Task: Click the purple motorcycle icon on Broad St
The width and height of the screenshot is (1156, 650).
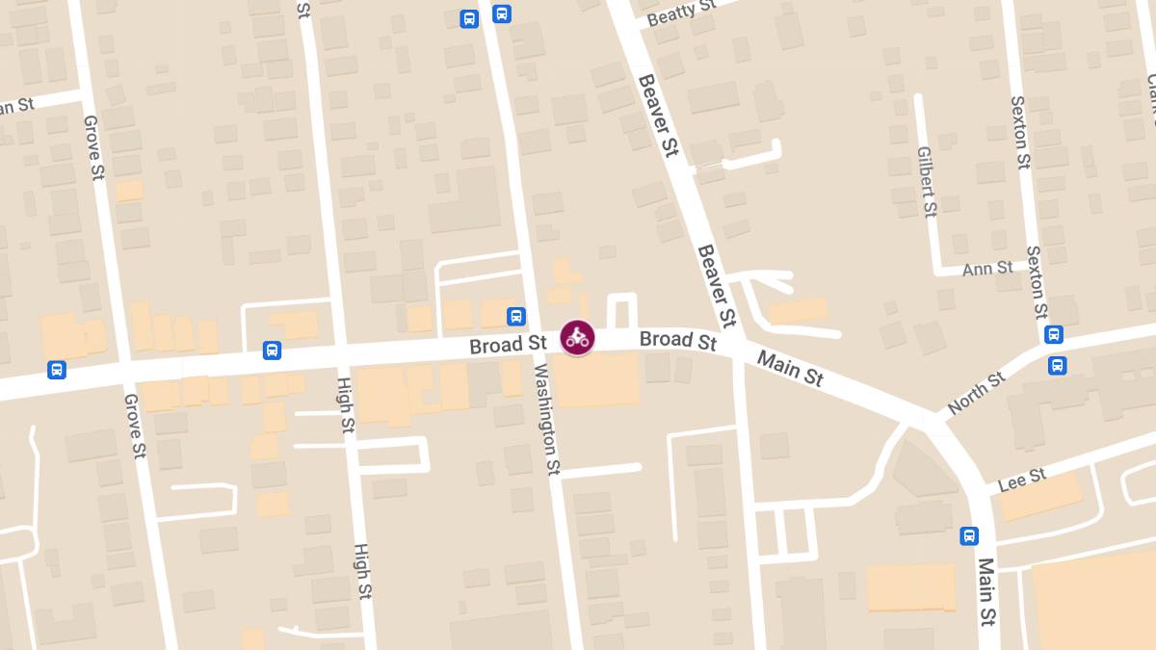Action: (577, 338)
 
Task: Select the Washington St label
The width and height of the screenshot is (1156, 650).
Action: (545, 420)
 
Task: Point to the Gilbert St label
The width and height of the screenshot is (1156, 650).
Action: (927, 181)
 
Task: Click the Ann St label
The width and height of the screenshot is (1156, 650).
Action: (987, 268)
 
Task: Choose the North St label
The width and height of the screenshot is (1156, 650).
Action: (976, 393)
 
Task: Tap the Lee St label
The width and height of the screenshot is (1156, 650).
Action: (1022, 480)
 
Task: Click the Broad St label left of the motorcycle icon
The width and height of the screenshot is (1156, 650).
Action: (508, 345)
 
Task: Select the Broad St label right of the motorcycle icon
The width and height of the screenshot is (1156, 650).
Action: (678, 340)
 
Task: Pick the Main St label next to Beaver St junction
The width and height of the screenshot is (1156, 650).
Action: (790, 369)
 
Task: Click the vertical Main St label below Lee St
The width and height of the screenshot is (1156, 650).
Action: (985, 591)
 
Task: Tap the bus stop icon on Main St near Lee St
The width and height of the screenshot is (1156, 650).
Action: (969, 536)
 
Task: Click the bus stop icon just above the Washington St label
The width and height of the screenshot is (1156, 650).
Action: (516, 316)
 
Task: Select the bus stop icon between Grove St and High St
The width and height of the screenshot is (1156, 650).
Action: (272, 351)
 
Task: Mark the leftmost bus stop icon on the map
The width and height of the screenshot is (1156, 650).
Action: (57, 370)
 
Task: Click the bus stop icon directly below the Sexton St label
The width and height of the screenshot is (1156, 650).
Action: (1054, 334)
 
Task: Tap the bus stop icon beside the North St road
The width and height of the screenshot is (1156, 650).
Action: (1058, 365)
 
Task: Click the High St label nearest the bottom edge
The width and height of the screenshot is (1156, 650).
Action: (362, 570)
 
